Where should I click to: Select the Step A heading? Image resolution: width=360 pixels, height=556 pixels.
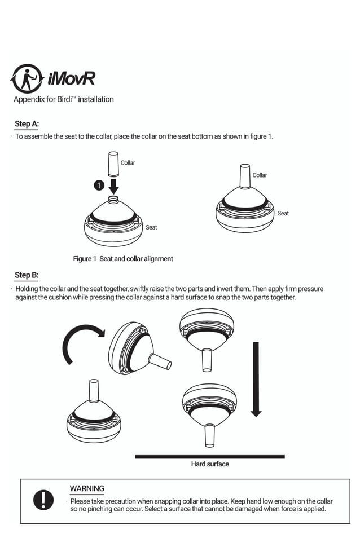pos(27,124)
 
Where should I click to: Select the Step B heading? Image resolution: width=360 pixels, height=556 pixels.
pos(27,275)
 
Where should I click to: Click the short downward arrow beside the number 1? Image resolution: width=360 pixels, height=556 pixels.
pos(113,186)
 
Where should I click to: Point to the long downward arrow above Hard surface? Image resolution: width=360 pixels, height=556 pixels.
pos(256,378)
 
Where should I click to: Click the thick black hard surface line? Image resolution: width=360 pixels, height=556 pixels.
pos(209,456)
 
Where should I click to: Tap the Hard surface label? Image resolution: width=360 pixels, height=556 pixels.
pos(210,464)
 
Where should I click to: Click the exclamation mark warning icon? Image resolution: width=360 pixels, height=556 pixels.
pos(43,500)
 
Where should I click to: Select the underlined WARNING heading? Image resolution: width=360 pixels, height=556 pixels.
pos(87,488)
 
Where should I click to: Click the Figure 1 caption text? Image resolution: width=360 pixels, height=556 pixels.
pos(123,259)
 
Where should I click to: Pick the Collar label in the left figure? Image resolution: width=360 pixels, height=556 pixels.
pos(128,163)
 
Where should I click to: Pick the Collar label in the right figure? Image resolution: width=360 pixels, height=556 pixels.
pos(260,175)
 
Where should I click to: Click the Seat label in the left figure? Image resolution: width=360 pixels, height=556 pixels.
pos(151,227)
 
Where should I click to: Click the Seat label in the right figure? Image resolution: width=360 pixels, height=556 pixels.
pos(283,214)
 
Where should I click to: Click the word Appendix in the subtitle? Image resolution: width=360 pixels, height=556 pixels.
pos(28,99)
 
